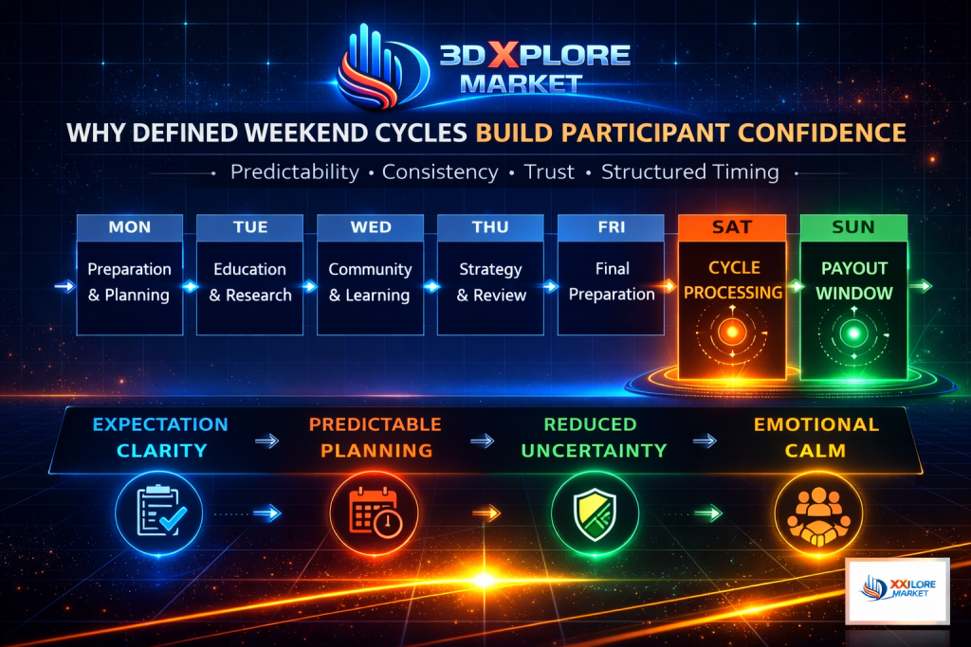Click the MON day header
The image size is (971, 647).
(129, 227)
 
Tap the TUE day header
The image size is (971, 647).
(250, 227)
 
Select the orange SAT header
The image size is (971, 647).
(732, 227)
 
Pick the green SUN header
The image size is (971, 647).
(853, 227)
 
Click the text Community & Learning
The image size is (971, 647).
(370, 282)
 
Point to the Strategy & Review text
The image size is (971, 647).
(491, 282)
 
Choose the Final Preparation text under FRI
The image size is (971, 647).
(612, 281)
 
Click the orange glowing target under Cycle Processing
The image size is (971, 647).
(732, 332)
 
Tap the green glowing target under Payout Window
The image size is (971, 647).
(853, 333)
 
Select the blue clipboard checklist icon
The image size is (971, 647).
(159, 512)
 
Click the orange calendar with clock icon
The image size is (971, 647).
(374, 512)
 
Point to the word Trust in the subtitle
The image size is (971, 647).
(549, 172)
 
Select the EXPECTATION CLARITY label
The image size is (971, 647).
(160, 438)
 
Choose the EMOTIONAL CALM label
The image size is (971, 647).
(816, 438)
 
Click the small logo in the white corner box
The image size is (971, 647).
(898, 589)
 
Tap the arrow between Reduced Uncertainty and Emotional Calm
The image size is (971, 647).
(705, 441)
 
